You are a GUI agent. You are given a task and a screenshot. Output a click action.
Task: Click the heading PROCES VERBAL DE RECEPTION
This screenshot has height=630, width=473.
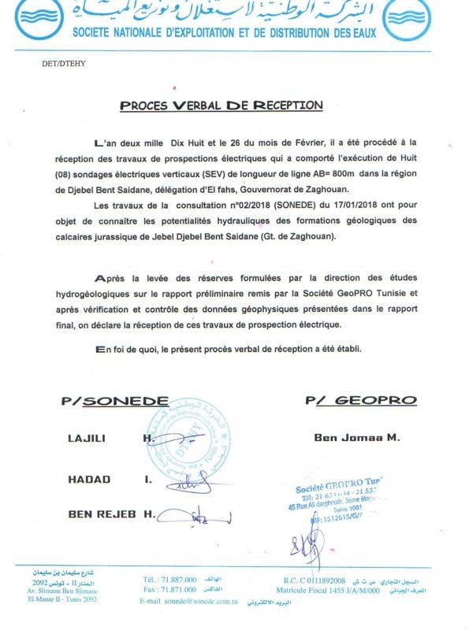222,106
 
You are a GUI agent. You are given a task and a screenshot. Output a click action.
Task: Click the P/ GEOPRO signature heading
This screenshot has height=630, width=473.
360,401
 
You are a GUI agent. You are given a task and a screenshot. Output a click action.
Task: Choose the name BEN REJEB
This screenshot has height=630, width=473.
102,514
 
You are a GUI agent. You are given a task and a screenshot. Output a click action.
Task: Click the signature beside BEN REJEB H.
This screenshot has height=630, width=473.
197,517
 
